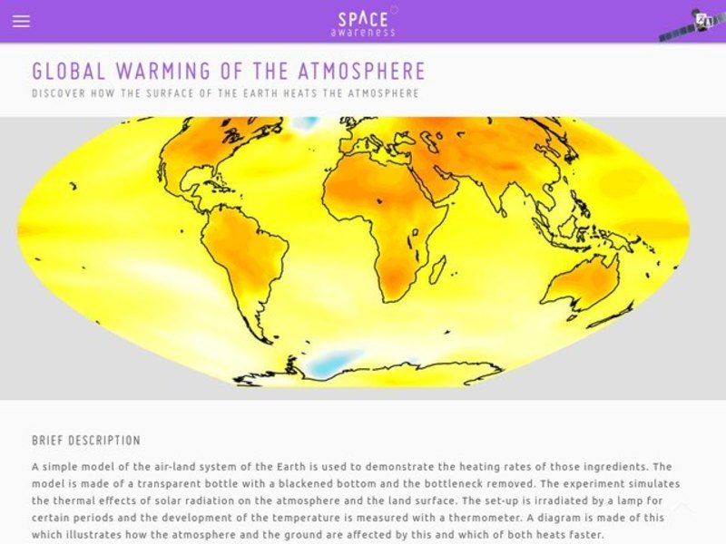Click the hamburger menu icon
(21, 21)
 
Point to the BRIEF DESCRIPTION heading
(86, 441)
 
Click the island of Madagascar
(438, 268)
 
